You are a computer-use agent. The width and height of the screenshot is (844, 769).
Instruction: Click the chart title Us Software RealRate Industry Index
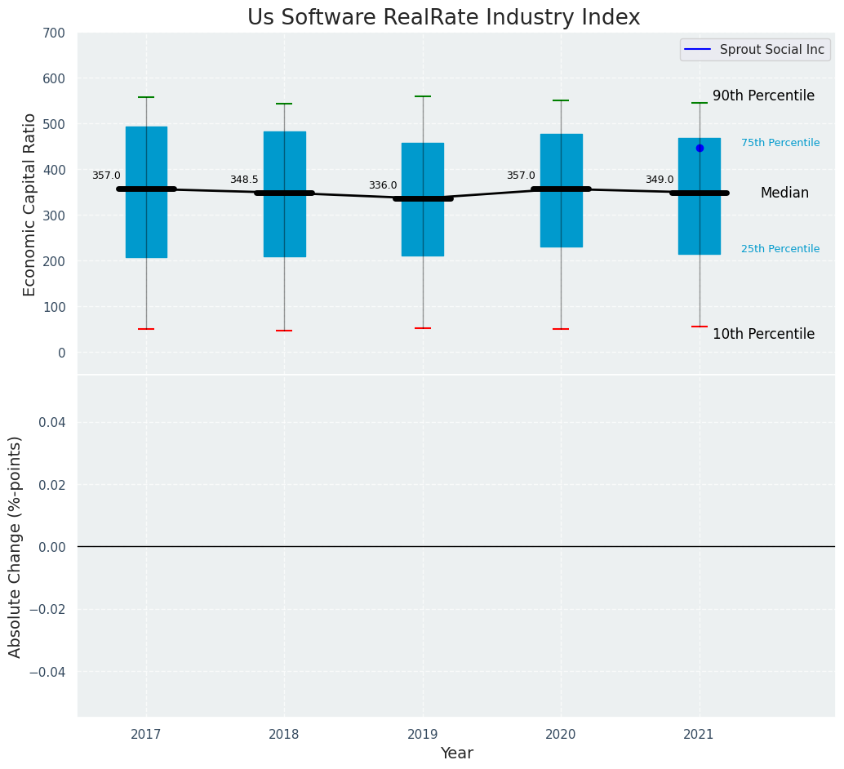coord(443,18)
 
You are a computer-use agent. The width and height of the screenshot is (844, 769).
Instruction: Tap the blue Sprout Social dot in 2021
coord(700,148)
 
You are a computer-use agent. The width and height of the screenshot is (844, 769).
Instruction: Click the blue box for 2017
coord(146,229)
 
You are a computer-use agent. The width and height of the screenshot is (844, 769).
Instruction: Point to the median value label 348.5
coord(244,180)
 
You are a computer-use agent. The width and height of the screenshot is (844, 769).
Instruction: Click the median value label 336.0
coord(383,185)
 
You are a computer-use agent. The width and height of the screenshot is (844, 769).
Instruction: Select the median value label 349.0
coord(660,180)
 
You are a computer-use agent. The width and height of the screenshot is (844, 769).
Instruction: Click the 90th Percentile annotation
coord(763,96)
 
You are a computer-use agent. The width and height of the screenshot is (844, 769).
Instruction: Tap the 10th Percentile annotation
coord(763,334)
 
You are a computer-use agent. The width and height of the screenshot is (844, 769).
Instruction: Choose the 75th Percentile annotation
coord(780,143)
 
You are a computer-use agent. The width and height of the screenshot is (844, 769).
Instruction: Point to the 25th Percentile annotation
coord(780,249)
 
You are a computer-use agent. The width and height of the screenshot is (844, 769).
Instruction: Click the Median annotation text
coord(784,193)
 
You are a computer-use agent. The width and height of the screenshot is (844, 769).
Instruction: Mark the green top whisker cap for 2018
coord(284,104)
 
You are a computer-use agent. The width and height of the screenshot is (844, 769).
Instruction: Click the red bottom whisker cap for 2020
coord(561,329)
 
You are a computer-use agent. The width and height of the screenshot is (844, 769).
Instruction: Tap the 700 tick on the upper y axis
coord(55,33)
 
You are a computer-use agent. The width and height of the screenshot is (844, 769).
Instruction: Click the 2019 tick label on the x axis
coord(423,734)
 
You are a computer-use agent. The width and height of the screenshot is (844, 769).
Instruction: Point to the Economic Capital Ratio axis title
coord(30,204)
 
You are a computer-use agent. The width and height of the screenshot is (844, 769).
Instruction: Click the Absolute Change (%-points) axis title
coord(16,546)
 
